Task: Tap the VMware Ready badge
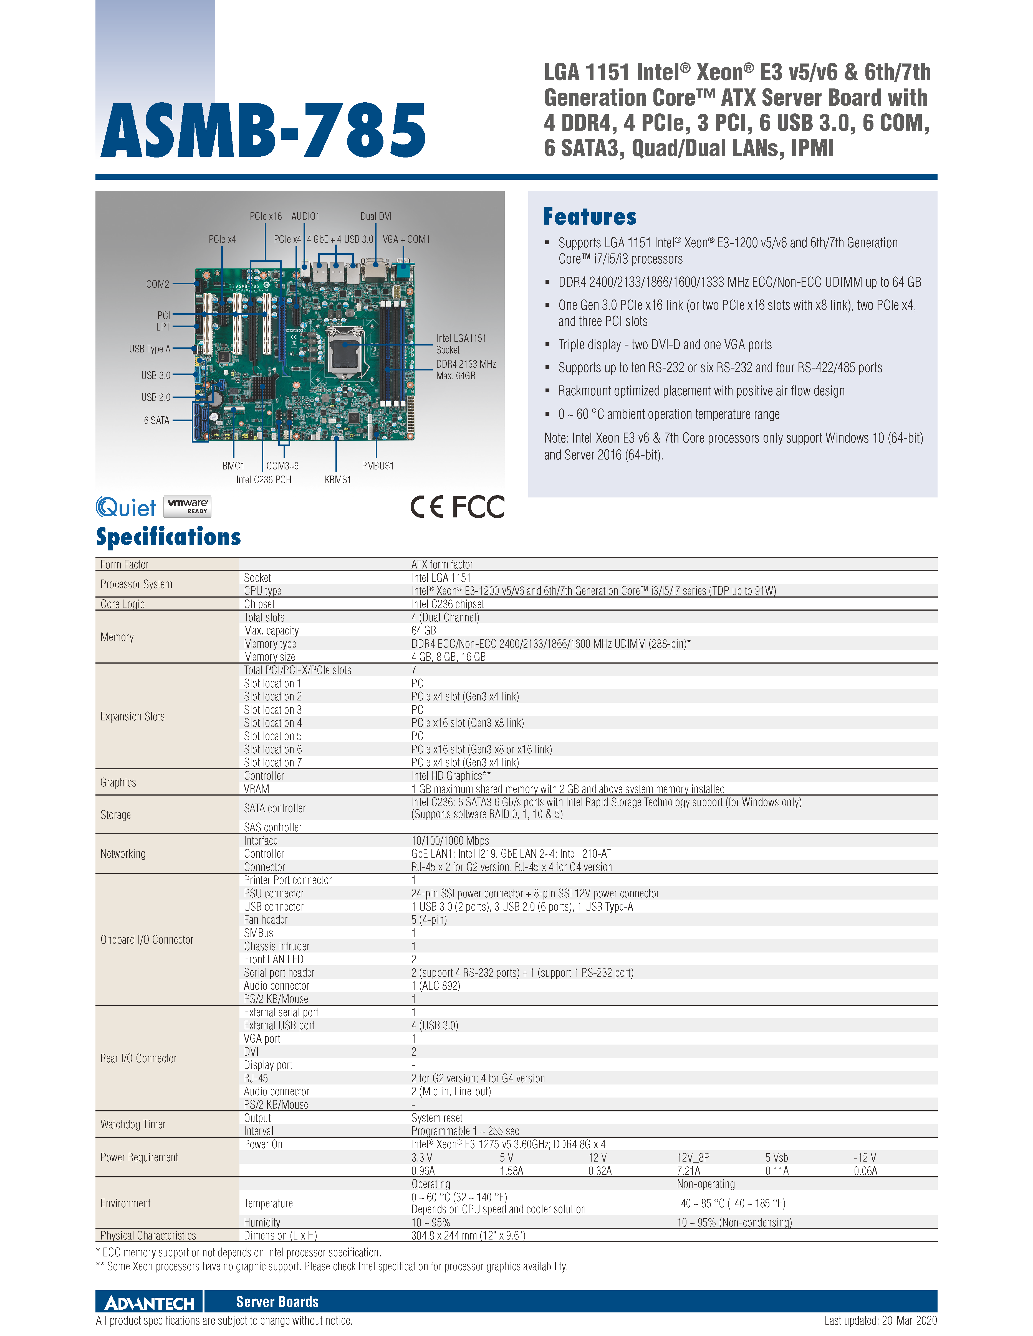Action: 187,507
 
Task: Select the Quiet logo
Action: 126,507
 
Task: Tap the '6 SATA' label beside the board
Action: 157,420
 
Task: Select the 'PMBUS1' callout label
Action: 378,466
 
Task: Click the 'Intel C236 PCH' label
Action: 264,480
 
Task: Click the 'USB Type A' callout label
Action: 149,349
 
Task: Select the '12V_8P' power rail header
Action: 693,1157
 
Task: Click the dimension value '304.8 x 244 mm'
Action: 468,1236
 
